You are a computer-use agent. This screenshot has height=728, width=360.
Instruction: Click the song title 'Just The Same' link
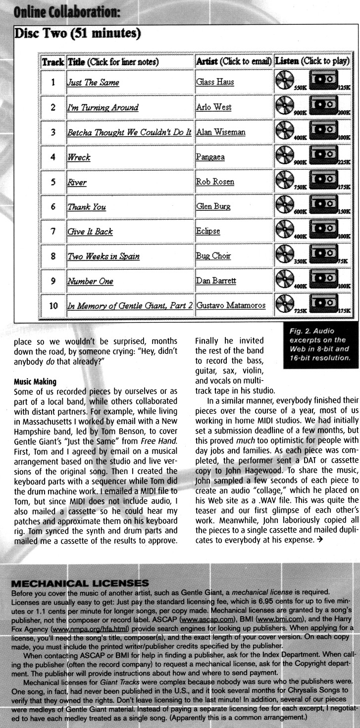[x=93, y=83]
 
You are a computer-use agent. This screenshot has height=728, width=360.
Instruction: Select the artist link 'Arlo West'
[x=213, y=107]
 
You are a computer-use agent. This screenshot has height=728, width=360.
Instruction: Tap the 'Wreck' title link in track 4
[x=79, y=157]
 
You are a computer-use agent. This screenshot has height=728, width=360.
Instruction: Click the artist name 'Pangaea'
[x=210, y=157]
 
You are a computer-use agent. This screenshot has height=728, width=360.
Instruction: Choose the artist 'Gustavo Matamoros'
[x=231, y=306]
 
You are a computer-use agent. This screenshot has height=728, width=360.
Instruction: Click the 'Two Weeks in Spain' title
[x=103, y=256]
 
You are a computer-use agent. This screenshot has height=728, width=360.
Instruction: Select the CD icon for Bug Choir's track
[x=285, y=254]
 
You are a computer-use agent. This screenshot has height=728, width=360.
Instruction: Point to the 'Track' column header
[x=53, y=62]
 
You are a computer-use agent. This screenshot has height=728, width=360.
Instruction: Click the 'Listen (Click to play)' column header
[x=312, y=62]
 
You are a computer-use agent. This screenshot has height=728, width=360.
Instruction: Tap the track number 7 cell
[x=53, y=231]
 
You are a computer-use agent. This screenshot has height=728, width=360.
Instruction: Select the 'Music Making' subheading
[x=35, y=382]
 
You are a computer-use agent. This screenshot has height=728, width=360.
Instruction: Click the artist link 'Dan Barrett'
[x=216, y=281]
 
